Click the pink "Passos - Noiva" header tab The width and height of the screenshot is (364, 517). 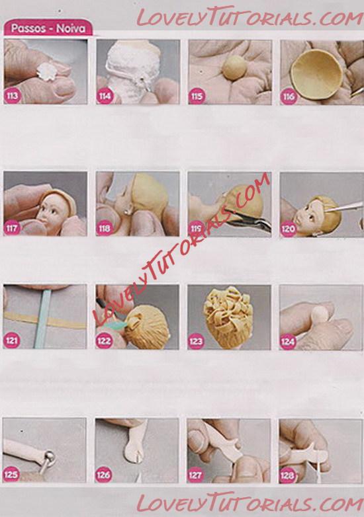point(48,28)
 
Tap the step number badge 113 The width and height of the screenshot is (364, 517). point(12,96)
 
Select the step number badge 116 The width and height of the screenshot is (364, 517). point(289,97)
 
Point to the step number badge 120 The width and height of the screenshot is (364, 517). point(288,229)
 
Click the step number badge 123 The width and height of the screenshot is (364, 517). point(196,341)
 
